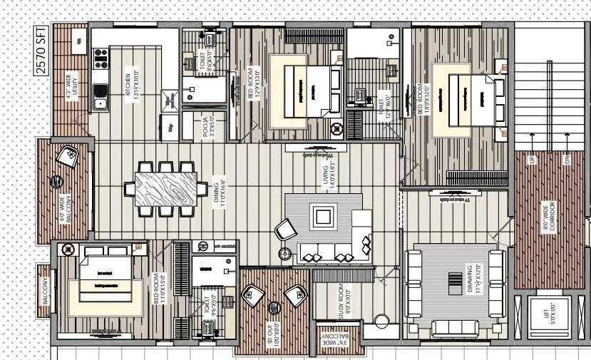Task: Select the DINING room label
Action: click(222, 193)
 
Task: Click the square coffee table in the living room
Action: click(324, 215)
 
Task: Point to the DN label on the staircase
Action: click(567, 160)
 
